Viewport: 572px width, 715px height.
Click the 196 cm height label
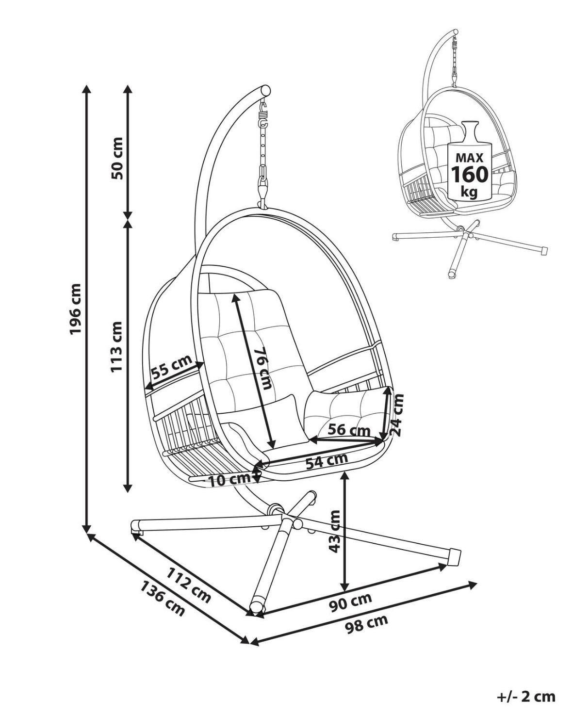[x=76, y=309]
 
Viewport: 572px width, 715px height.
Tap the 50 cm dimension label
[x=117, y=159]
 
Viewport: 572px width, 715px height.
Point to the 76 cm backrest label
[x=264, y=368]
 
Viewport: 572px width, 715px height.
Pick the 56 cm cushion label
[x=349, y=430]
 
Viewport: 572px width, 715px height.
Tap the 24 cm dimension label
[x=397, y=414]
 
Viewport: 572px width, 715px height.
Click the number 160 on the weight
[x=469, y=174]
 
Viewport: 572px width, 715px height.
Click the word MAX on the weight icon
[x=469, y=158]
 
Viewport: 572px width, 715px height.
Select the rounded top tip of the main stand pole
[x=265, y=90]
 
